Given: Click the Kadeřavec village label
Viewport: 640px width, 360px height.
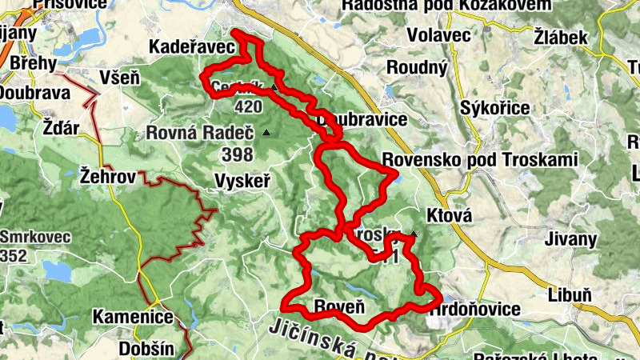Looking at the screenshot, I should click(x=191, y=48).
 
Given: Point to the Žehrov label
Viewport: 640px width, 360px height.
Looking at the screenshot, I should click(x=107, y=174).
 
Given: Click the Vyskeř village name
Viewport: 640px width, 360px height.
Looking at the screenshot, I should click(x=243, y=182).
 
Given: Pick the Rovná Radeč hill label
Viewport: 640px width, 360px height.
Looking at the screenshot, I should click(x=199, y=133).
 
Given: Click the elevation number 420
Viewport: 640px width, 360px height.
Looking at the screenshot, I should click(x=248, y=106).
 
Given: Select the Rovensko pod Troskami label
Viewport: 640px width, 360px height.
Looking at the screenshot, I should click(x=479, y=160).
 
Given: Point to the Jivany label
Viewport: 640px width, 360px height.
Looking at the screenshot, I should click(x=570, y=239).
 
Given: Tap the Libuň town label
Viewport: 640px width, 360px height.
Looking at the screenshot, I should click(x=570, y=295).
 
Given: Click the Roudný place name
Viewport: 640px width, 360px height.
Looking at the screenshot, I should click(x=416, y=68).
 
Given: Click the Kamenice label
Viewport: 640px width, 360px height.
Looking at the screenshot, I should click(x=133, y=317).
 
